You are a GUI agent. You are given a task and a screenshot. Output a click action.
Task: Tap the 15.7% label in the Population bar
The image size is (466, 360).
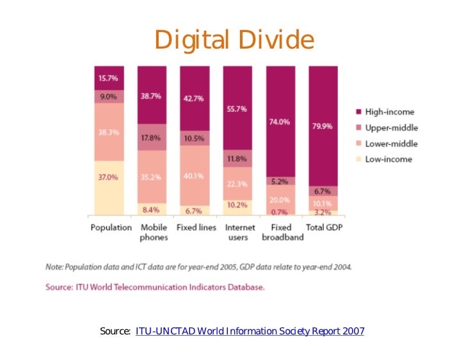[107, 79]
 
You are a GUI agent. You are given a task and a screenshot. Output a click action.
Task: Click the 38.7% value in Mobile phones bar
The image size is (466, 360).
[150, 96]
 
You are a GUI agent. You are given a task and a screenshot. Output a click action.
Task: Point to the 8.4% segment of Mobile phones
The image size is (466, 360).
[150, 209]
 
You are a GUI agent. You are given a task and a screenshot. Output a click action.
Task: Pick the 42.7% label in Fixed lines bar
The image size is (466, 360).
[193, 98]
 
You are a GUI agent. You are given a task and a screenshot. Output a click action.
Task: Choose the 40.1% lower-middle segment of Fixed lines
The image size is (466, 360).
[193, 176]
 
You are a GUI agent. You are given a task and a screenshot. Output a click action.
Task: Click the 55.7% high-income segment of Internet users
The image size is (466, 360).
[236, 109]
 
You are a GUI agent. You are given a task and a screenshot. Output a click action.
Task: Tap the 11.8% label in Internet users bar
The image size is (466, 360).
[236, 159]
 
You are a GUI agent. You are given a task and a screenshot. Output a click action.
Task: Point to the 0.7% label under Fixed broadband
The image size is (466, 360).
[279, 212]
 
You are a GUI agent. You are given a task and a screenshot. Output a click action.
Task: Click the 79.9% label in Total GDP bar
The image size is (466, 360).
[322, 126]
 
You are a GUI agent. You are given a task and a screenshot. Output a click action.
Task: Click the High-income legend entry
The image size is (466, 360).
[389, 112]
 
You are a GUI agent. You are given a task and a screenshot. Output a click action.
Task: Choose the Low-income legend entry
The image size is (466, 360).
[388, 159]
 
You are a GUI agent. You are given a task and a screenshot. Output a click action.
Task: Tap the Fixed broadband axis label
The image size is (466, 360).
[282, 232]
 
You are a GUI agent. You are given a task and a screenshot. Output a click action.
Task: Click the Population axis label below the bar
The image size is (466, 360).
[111, 228]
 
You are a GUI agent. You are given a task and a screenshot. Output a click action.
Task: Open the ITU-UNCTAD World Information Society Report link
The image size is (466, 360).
[250, 331]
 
